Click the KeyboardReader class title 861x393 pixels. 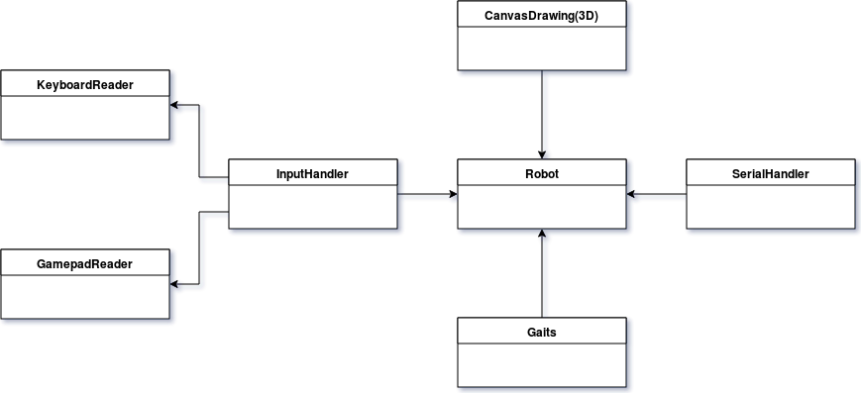click(x=85, y=84)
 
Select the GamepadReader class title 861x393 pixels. click(x=85, y=264)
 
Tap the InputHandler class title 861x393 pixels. click(x=312, y=174)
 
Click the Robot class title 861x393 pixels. click(x=541, y=173)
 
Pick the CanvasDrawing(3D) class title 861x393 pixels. click(x=541, y=15)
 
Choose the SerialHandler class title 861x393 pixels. click(x=770, y=173)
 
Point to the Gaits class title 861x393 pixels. click(x=541, y=332)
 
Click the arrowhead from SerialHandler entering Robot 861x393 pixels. click(x=631, y=194)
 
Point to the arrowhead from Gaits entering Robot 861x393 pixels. click(x=541, y=235)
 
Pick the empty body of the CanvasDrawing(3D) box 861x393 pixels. click(x=541, y=49)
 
